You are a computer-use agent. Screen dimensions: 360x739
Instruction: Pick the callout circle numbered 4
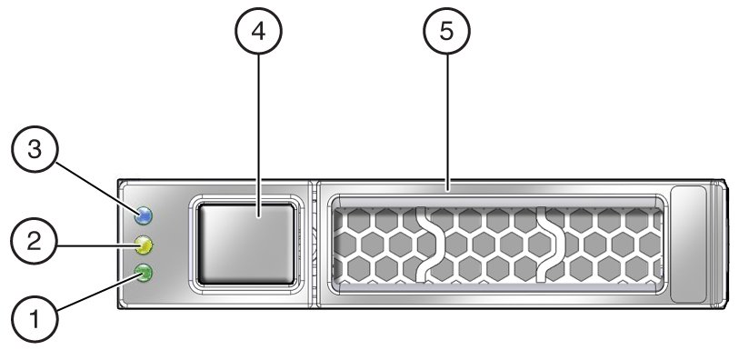point(259,32)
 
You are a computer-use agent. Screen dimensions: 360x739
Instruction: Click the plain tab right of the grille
point(688,244)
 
